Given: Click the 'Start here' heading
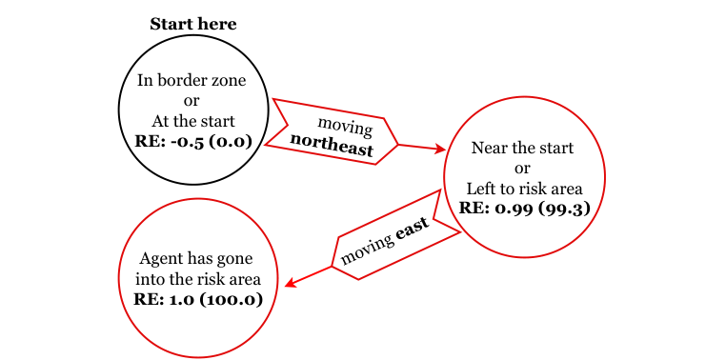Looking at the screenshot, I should pos(192,24).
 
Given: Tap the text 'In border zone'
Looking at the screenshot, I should pos(192,81).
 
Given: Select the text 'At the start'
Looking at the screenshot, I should pos(192,121).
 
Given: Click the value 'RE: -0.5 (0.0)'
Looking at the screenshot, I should pos(192,141).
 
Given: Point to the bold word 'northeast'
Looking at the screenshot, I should pos(332,141).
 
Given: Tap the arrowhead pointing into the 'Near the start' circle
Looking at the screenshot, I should pos(440,149).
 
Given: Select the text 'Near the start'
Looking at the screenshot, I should pos(523,149).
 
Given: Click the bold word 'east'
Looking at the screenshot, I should pos(412,231).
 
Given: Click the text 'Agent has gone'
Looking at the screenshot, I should pos(198,259).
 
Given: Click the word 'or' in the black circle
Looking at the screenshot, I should pos(192,101).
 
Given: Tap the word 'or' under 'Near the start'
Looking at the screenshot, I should pos(523,169).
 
